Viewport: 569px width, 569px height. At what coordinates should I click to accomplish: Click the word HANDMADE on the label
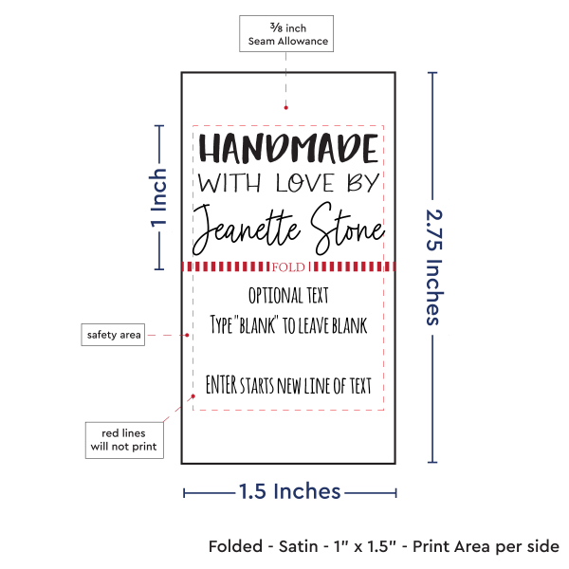288,149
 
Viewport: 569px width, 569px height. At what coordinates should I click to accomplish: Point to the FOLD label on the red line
287,266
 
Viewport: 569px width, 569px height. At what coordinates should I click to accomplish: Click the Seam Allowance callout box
286,35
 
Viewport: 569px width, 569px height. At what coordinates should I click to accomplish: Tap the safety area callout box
113,335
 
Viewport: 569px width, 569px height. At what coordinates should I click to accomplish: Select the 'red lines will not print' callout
122,439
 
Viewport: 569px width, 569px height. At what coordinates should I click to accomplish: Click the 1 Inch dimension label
159,198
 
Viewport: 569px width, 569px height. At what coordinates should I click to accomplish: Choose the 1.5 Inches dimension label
289,491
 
